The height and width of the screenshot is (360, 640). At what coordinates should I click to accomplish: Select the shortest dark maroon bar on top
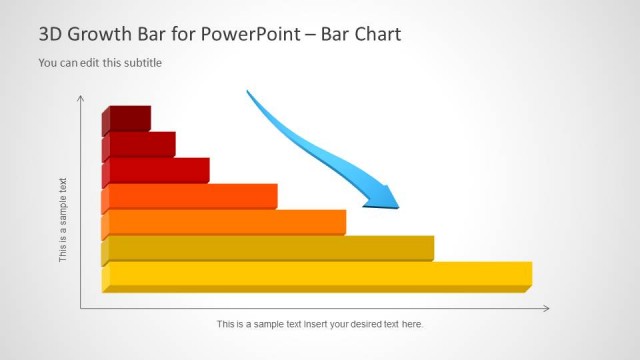[129, 118]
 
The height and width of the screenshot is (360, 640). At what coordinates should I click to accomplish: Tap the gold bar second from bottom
[270, 247]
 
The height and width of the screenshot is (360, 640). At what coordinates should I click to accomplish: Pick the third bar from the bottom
[226, 221]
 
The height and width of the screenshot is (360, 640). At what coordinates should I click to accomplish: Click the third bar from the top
[158, 170]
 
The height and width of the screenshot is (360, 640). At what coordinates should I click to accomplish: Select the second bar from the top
[141, 143]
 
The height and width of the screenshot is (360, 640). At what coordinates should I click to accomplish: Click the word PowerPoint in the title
[256, 35]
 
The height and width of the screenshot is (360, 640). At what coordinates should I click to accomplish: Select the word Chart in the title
[376, 35]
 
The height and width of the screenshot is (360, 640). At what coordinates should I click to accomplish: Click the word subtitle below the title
[141, 63]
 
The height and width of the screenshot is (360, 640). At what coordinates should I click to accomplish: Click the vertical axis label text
[63, 220]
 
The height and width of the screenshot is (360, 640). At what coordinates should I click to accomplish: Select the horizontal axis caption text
[320, 324]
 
